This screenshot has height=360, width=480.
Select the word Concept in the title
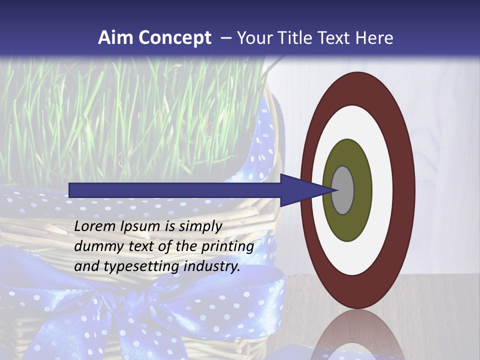(174, 38)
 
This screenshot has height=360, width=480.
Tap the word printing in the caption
(227, 246)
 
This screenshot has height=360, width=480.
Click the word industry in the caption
(212, 266)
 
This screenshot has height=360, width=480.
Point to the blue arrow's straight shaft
(175, 190)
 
